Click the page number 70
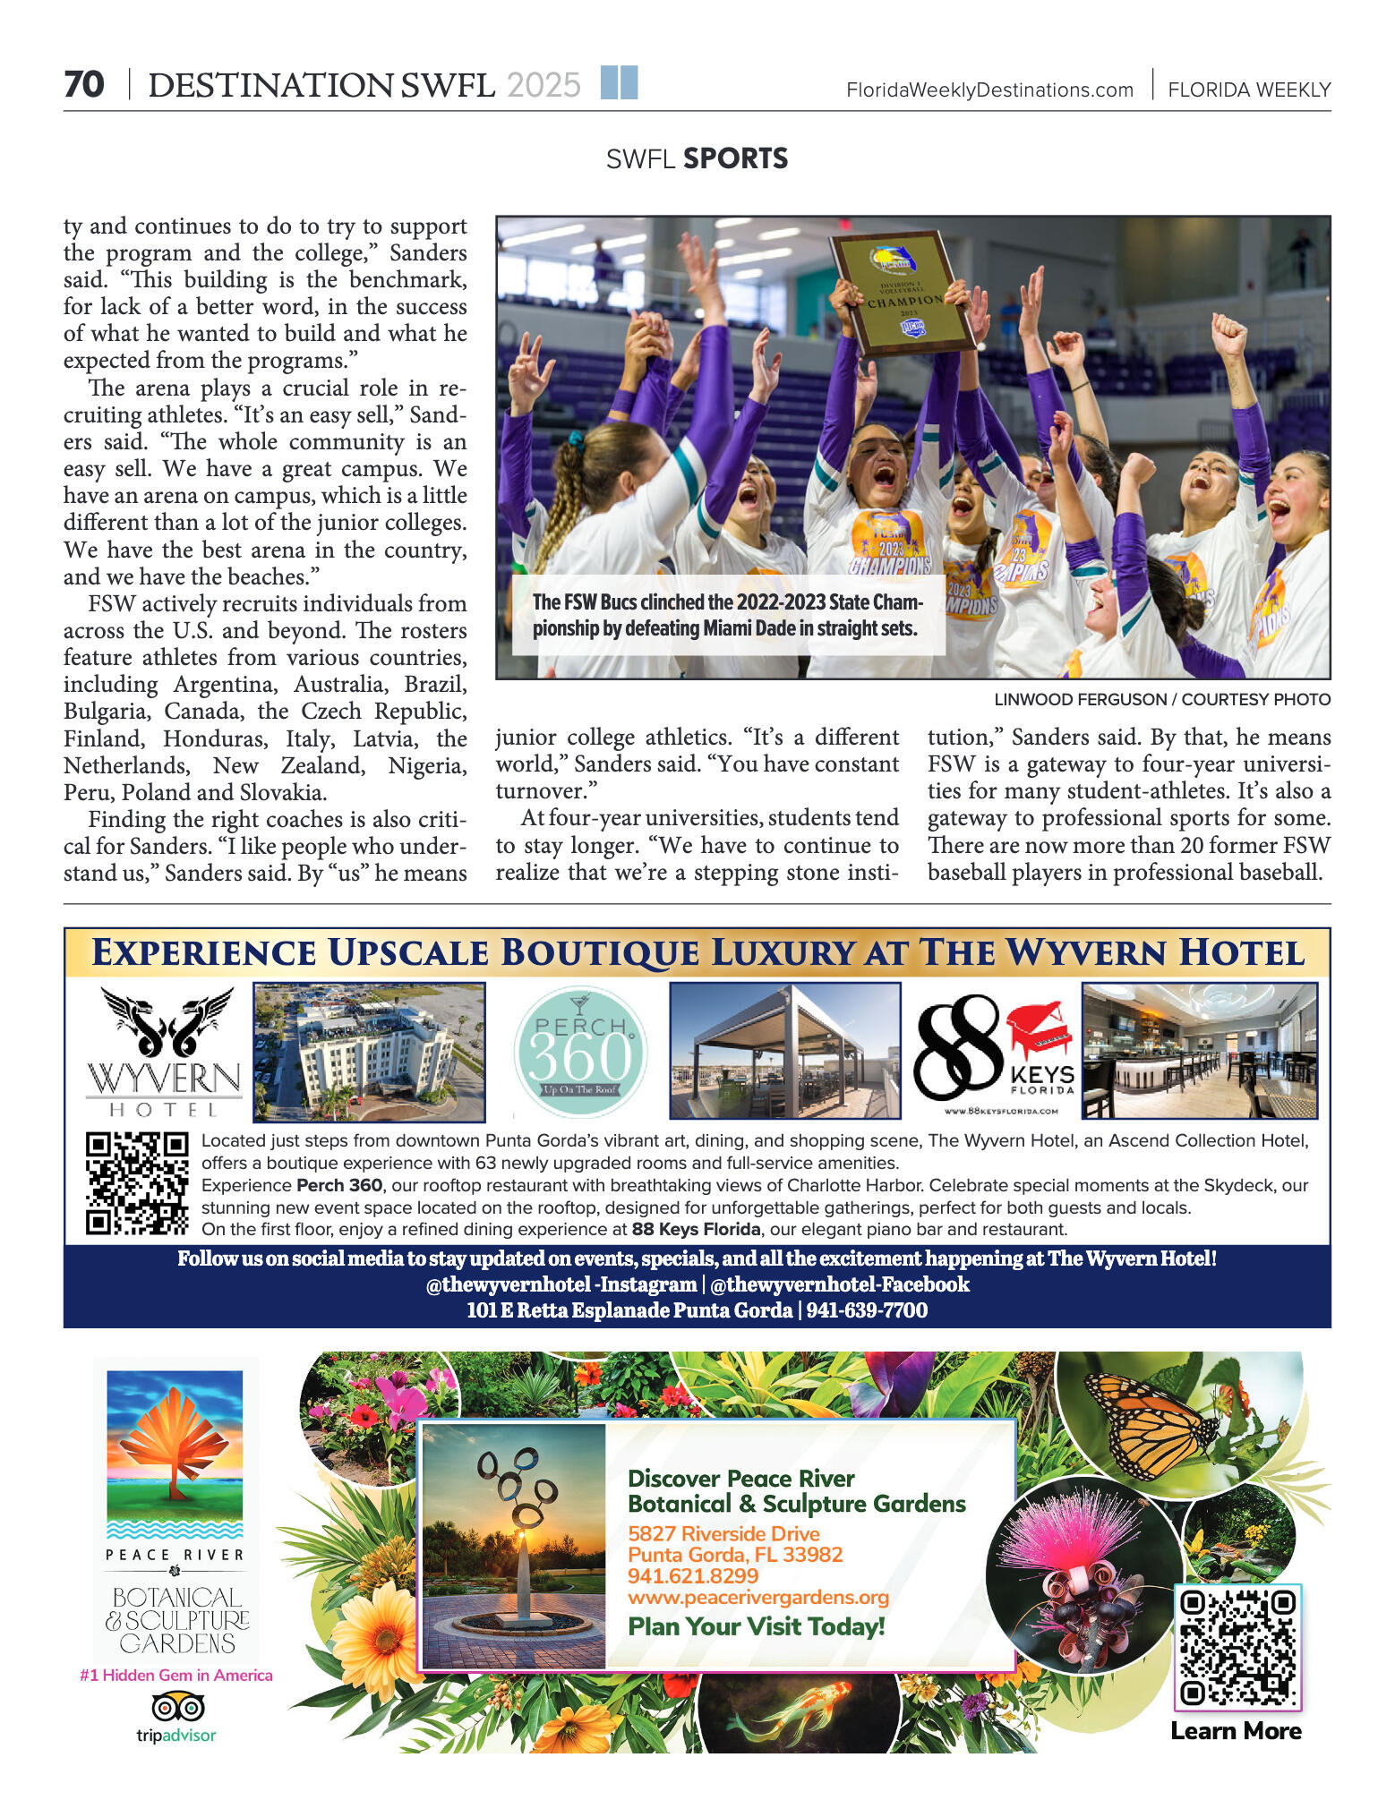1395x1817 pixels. coord(84,85)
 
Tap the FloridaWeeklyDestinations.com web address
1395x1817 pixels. coord(989,90)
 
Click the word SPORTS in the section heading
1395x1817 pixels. coord(735,158)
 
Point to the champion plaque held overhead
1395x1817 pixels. coord(903,294)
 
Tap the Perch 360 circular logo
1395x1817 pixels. coord(580,1053)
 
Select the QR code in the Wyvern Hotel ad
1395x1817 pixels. coord(137,1183)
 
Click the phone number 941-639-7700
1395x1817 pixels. coord(867,1310)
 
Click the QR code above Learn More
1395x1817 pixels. coord(1237,1647)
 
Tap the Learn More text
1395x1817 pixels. coord(1236,1731)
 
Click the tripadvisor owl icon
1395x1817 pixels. coord(177,1707)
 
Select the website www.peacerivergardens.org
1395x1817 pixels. coord(758,1598)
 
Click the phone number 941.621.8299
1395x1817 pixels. coord(693,1576)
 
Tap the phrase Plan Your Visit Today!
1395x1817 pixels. coord(757,1626)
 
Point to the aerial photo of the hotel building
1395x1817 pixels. coord(369,1052)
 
